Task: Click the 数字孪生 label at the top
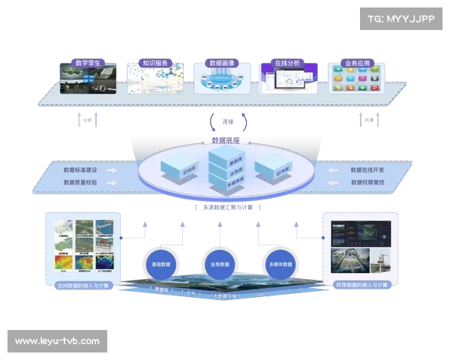89,63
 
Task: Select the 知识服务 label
155,63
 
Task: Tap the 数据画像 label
221,63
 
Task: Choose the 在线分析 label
287,63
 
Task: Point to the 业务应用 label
355,63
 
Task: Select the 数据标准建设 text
80,169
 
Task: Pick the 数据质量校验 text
80,181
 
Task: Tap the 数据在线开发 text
367,169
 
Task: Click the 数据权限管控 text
367,181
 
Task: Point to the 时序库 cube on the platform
268,170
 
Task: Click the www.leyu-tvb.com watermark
57,341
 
